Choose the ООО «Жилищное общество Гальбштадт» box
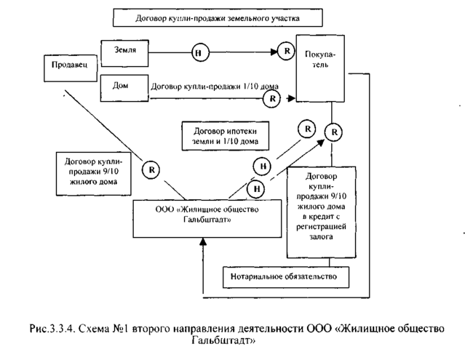205,217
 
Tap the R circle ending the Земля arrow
285,51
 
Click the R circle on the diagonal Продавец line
151,169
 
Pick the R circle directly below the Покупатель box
333,132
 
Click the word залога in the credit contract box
321,236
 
